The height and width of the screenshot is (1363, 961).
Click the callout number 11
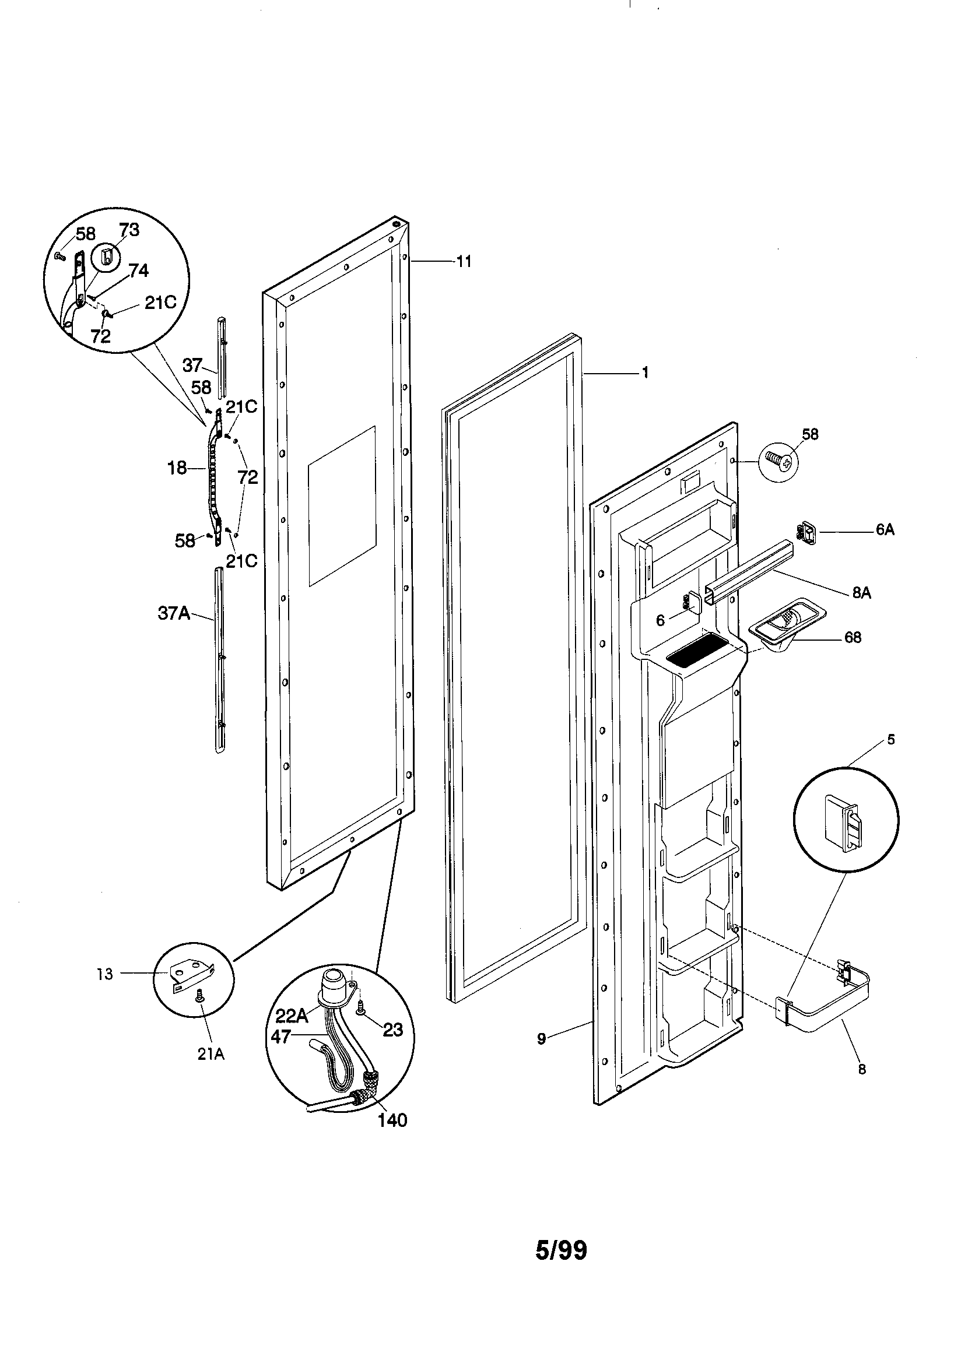[464, 261]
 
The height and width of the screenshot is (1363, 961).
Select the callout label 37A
[173, 613]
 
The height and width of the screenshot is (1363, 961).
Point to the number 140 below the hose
[392, 1120]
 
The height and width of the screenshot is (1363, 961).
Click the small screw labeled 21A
[199, 999]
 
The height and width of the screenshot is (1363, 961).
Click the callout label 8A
[861, 592]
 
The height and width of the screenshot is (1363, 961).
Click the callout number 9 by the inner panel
[541, 1039]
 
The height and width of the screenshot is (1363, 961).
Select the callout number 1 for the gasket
[645, 373]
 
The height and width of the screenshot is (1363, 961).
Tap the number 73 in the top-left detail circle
[129, 230]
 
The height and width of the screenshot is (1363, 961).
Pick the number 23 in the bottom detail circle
[392, 1030]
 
